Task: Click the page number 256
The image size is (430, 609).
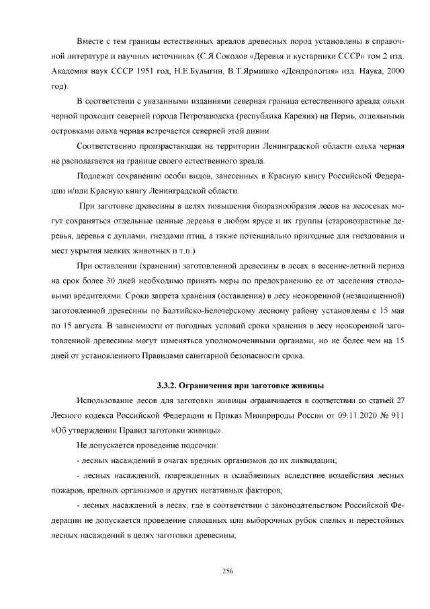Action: pyautogui.click(x=227, y=571)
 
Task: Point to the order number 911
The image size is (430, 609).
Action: pyautogui.click(x=395, y=415)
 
